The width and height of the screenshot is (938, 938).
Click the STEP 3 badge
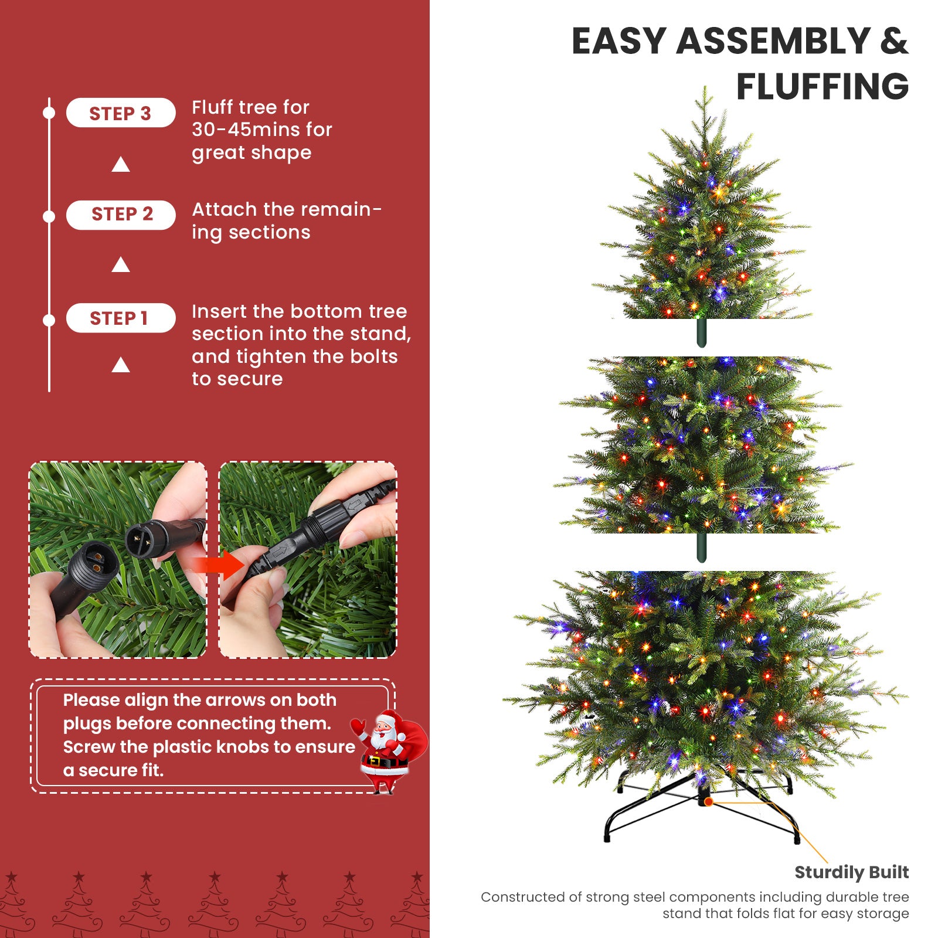(120, 113)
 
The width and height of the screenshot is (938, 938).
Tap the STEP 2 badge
(121, 215)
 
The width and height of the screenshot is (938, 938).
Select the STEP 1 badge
(120, 318)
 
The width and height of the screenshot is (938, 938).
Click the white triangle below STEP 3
(121, 165)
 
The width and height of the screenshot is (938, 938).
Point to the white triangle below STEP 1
(121, 366)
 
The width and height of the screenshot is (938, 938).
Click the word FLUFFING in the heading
(822, 87)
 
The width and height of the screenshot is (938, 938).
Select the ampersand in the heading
(893, 41)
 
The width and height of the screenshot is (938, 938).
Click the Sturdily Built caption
(851, 872)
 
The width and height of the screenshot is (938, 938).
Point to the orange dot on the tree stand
(708, 801)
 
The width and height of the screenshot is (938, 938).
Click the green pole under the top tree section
(701, 332)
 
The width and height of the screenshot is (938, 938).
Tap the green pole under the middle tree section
(701, 547)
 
